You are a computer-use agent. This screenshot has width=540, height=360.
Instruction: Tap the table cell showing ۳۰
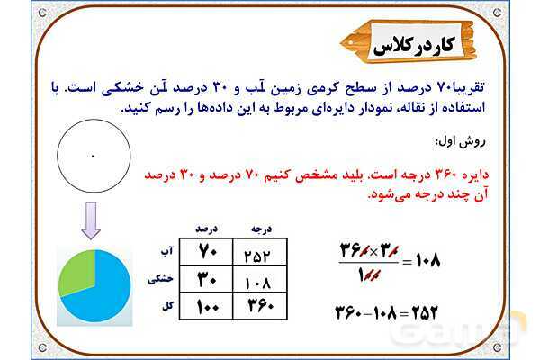(208, 280)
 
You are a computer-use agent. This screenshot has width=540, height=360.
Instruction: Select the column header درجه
(260, 229)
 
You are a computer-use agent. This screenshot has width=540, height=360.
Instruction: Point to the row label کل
(166, 306)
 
